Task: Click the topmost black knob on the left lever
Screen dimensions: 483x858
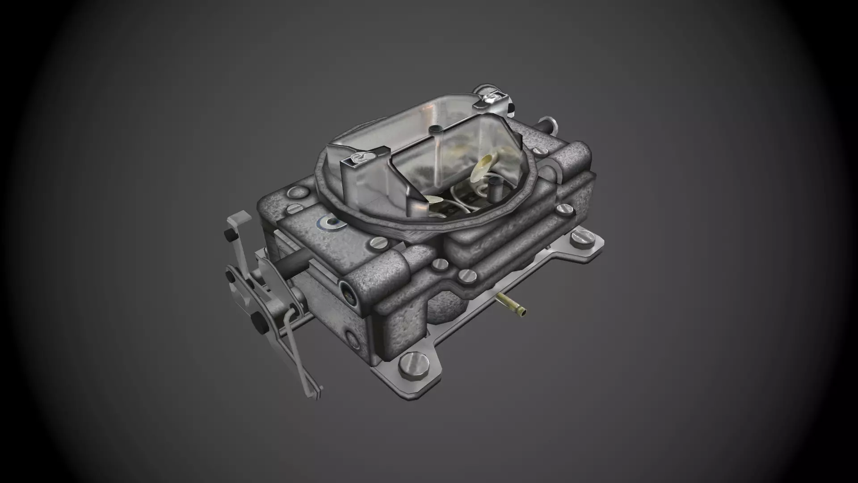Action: (229, 235)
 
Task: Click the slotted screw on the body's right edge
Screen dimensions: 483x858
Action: (564, 209)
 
